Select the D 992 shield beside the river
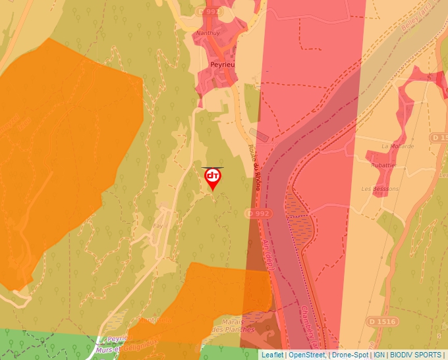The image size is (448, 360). point(258,213)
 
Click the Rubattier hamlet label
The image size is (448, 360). point(383,166)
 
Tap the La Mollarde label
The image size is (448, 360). point(398,146)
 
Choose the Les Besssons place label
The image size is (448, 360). point(380,189)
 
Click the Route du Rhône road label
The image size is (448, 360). point(254,168)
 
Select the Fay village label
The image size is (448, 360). point(157,226)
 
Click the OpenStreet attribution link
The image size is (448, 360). point(307,355)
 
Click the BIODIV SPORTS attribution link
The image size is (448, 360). point(415,355)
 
